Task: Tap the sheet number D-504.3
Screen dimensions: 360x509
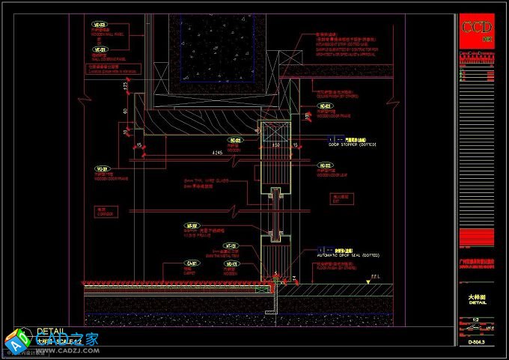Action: [x=476, y=342]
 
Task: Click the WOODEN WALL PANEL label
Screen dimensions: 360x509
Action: [x=105, y=34]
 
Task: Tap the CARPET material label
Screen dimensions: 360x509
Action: [x=193, y=269]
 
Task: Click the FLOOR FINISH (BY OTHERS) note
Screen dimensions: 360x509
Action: [x=341, y=266]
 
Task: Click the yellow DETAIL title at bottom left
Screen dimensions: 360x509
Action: [x=50, y=330]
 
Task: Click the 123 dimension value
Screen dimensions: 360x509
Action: [x=126, y=88]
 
